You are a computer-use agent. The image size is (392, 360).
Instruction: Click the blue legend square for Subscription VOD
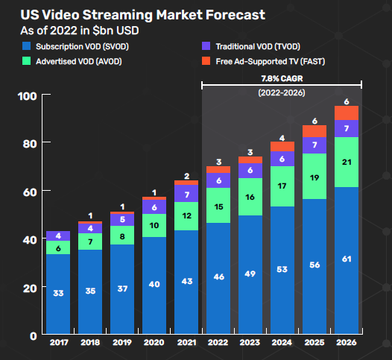26,47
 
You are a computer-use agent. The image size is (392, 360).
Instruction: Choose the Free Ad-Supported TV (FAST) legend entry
268,61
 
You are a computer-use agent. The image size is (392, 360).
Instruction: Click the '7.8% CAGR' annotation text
282,78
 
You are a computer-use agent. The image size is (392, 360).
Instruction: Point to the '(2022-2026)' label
282,92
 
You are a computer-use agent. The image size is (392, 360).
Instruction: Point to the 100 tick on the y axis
28,96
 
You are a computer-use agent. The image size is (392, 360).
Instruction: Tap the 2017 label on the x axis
58,342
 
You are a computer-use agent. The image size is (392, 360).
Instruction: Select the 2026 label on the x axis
346,342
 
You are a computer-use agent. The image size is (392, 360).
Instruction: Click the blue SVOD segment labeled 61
346,259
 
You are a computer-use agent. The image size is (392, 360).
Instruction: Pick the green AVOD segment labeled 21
346,162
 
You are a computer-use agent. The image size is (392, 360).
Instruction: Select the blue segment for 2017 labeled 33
58,294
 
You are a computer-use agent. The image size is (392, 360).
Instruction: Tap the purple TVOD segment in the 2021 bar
186,193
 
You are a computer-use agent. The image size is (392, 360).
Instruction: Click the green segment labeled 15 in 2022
218,206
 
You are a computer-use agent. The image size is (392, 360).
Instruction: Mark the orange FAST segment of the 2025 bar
314,131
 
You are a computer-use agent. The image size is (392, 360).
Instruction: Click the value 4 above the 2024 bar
282,137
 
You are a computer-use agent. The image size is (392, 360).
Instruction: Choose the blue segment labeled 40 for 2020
154,284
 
